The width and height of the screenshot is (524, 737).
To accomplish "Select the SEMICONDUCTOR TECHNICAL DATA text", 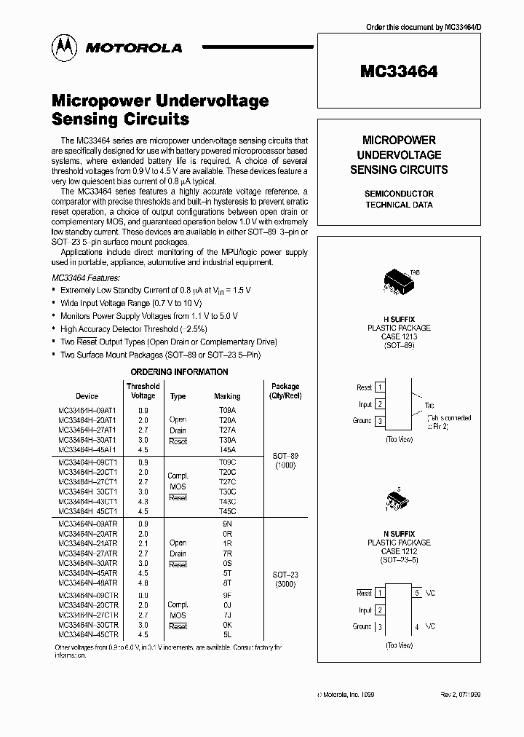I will point(399,199).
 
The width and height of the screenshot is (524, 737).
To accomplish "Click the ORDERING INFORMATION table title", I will point(179,372).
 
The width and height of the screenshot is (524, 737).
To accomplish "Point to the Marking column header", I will point(227,396).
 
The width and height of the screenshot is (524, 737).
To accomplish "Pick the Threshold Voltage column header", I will point(143,391).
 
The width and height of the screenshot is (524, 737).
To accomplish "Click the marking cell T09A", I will point(227,410).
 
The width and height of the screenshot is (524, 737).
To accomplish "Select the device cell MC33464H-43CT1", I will point(87,501).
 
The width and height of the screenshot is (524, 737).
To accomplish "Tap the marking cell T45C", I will point(227,511).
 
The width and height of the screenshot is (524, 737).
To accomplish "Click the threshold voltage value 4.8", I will point(143,583).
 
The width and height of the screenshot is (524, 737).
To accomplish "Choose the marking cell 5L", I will point(227,635).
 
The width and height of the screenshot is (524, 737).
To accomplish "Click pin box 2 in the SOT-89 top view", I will point(380,404).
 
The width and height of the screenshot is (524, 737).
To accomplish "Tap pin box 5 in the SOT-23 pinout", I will point(418,593).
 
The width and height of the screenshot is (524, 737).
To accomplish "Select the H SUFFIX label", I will point(398,318).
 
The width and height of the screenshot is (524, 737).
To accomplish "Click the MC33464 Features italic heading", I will point(85,278).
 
